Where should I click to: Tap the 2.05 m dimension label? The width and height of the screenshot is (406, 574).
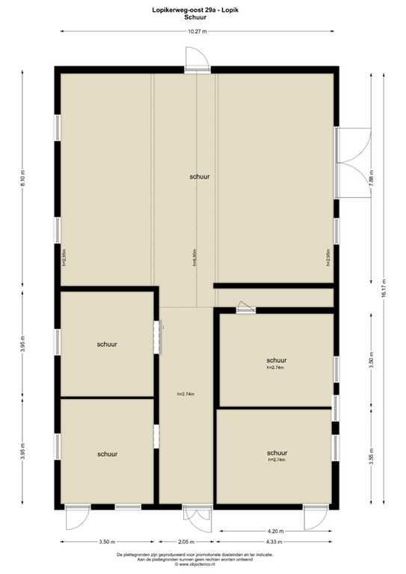coord(186,542)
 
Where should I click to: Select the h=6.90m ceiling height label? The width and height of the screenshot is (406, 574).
coord(194,258)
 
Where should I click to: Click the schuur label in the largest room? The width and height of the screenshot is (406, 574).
coord(200,176)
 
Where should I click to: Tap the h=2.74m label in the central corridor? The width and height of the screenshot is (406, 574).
coord(186,394)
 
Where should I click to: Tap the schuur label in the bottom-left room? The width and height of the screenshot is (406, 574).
coord(107,454)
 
